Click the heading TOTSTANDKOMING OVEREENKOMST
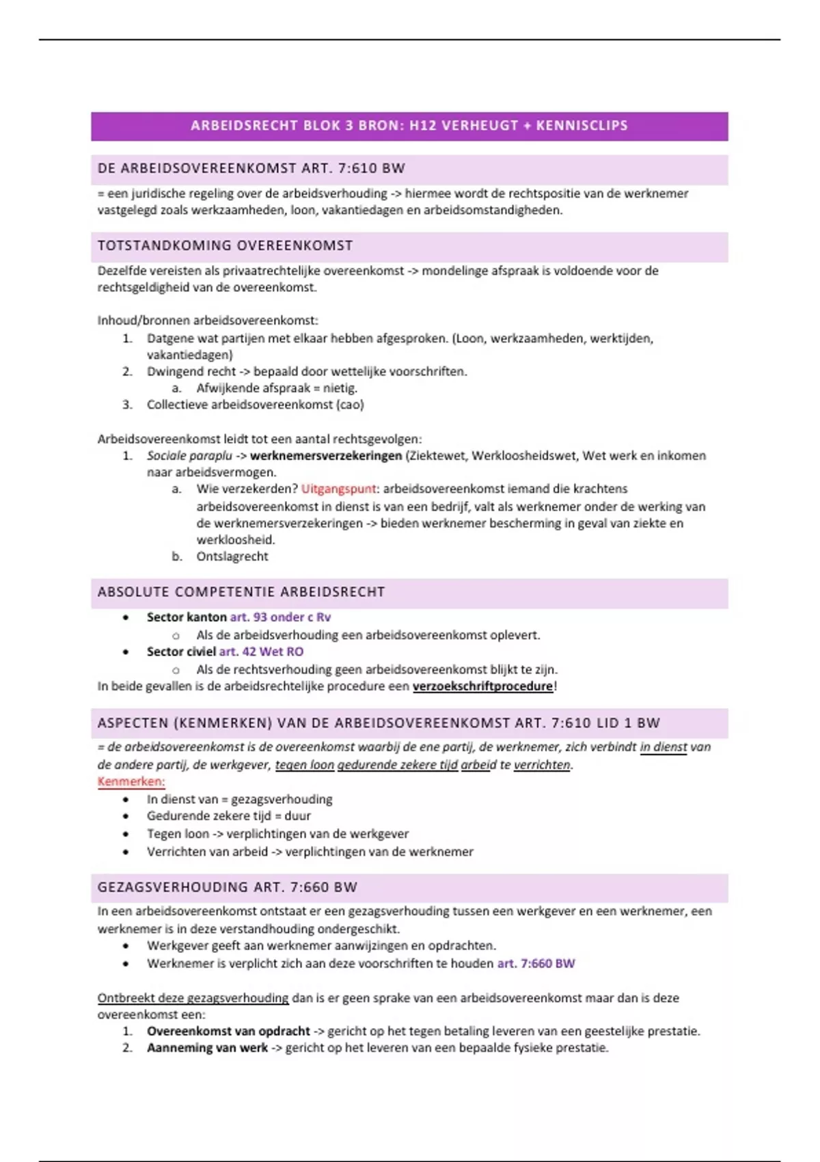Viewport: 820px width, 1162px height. [x=225, y=246]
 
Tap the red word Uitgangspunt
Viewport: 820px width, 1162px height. [x=338, y=489]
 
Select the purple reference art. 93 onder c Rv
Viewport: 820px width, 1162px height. [x=280, y=617]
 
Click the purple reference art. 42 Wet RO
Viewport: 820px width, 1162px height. [x=261, y=652]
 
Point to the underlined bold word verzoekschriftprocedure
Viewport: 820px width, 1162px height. [x=482, y=686]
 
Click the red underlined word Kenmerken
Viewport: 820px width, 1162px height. [x=131, y=782]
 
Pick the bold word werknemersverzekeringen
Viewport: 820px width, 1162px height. [x=326, y=456]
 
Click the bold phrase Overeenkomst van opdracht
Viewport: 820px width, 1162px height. [x=228, y=1031]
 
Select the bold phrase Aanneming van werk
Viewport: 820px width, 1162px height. [x=207, y=1049]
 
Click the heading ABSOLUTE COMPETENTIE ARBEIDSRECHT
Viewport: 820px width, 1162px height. [x=241, y=593]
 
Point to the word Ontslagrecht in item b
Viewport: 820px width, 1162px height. [x=232, y=557]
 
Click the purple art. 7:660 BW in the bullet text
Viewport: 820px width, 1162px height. [x=536, y=964]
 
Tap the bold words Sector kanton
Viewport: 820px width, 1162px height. [x=187, y=617]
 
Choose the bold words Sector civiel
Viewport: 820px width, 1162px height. [x=181, y=652]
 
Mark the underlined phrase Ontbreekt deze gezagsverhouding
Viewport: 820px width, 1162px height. [x=193, y=999]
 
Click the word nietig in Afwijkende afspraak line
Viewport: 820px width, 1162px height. [x=340, y=388]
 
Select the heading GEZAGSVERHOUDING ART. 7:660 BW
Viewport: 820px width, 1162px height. [x=228, y=888]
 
